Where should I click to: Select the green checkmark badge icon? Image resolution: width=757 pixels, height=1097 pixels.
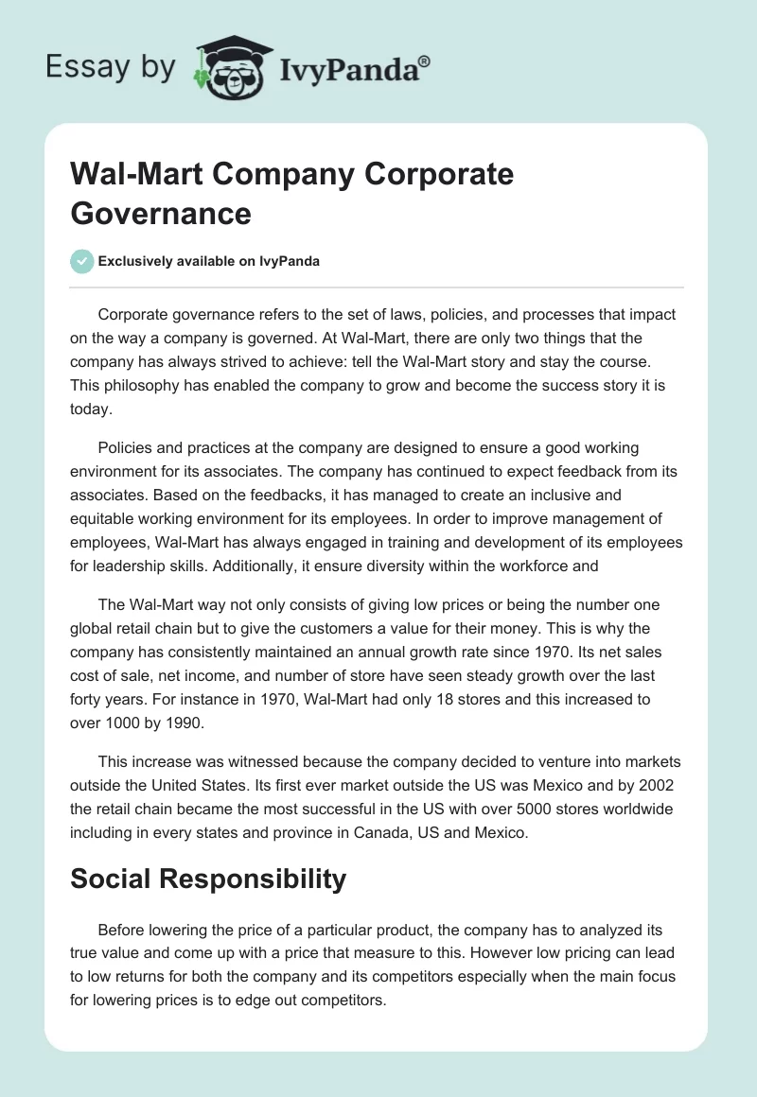[x=82, y=261]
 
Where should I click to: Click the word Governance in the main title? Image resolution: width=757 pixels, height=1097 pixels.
[x=161, y=213]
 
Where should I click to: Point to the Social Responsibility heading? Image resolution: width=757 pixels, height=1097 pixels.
[x=208, y=879]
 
